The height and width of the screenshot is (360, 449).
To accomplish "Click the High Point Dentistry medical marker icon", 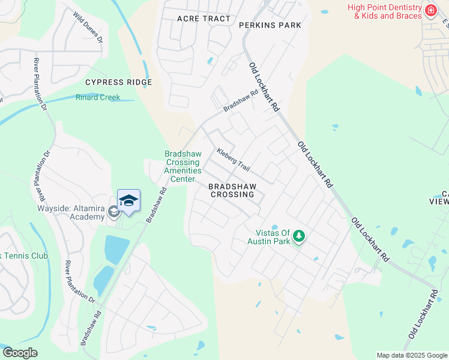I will pos(430,11).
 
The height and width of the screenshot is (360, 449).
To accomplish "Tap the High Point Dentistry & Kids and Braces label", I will pos(384,11).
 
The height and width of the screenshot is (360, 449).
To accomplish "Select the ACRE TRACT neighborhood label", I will pos(203,19).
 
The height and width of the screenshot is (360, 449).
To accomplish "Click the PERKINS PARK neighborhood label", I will pos(270,25).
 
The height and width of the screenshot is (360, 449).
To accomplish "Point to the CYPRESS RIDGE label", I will pos(118,82).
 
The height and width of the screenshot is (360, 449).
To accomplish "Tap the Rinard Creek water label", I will pos(97,97).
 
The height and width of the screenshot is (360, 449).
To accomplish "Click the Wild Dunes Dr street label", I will pos(88,28).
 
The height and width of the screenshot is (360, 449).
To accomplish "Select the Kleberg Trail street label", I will pos(233,160).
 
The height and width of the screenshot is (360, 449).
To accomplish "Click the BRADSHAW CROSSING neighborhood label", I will pos(231,191).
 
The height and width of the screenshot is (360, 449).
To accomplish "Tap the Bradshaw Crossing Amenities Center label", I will pos(182,167).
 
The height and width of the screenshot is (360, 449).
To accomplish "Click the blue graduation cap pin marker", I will pos(128,200).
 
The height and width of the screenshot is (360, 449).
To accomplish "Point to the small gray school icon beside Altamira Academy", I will pos(113,212).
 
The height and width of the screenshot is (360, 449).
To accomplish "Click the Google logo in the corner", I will pos(20,352).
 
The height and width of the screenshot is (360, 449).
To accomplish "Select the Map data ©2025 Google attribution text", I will pos(412,355).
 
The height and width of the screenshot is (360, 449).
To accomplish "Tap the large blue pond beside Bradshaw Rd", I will pos(116,248).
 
